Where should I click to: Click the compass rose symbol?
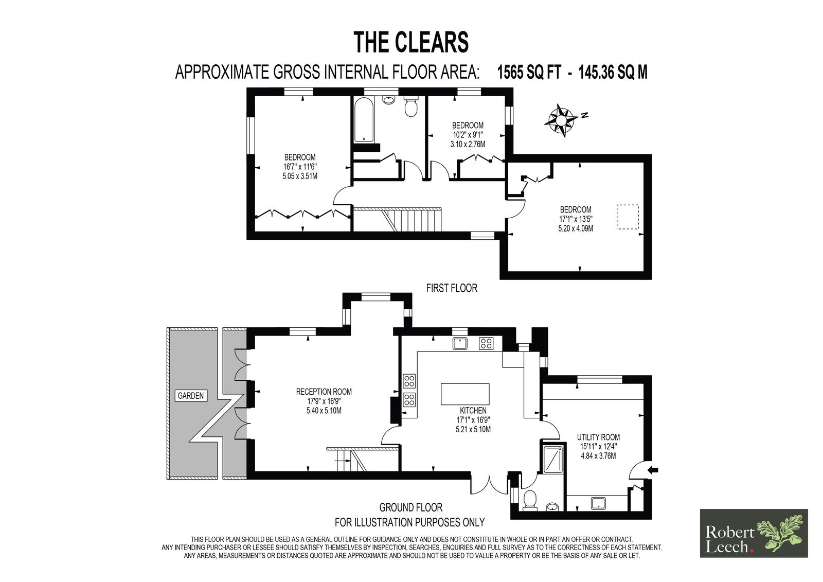click(x=561, y=120)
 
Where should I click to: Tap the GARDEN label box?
click(x=191, y=396)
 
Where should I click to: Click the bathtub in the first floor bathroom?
click(x=365, y=120)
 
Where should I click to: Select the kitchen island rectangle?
click(x=465, y=394)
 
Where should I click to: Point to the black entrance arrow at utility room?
click(x=654, y=469)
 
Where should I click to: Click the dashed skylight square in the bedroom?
click(x=628, y=217)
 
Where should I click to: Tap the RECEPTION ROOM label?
click(x=324, y=392)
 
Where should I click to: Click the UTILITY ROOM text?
click(x=598, y=437)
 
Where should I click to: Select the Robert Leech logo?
click(x=754, y=533)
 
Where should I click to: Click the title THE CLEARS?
click(x=411, y=42)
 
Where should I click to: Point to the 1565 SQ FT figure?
click(x=529, y=72)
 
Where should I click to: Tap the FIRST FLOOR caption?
click(x=452, y=288)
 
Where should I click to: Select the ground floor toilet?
click(x=529, y=500)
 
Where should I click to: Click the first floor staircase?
click(x=397, y=220)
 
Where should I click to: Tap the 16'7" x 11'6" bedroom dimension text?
click(x=300, y=167)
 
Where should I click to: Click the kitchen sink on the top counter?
click(x=460, y=343)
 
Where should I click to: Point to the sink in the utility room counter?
click(x=599, y=503)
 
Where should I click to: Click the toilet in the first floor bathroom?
click(x=411, y=106)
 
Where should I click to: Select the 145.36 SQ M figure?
click(x=613, y=72)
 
